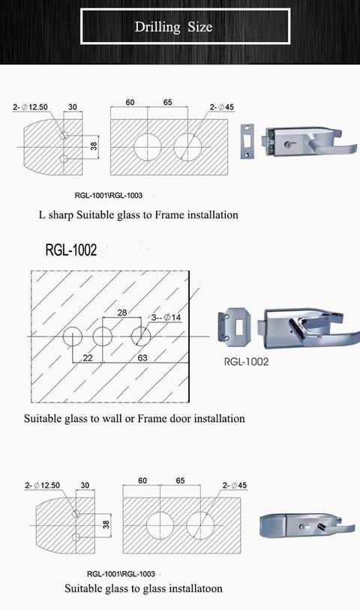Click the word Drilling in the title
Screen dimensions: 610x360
pos(157,28)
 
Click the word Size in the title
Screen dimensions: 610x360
pos(200,28)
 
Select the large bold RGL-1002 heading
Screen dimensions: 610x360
pos(71,250)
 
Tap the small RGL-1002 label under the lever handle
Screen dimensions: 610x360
pos(246,361)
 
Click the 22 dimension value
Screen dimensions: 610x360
pos(88,357)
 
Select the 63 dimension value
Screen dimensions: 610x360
pos(142,357)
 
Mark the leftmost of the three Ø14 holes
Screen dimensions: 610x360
pos(73,336)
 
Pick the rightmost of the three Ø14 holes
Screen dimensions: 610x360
pos(139,336)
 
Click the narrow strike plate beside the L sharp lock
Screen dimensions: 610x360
pos(244,143)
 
